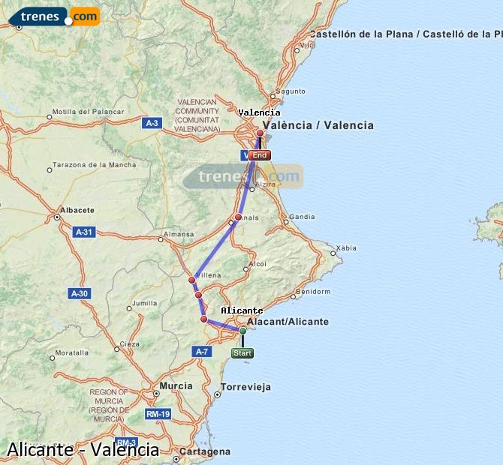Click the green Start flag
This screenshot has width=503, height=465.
pyautogui.click(x=242, y=352)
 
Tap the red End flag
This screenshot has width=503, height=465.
pyautogui.click(x=259, y=155)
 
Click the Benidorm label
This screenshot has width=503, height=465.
pyautogui.click(x=313, y=291)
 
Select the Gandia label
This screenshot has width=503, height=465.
pyautogui.click(x=302, y=217)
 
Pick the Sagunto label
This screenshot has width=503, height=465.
pyautogui.click(x=291, y=91)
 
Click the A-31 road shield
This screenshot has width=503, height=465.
pyautogui.click(x=84, y=232)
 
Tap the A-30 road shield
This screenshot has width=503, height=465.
pyautogui.click(x=78, y=292)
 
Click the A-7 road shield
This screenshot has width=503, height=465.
pyautogui.click(x=201, y=351)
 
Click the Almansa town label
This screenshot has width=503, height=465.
pyautogui.click(x=179, y=235)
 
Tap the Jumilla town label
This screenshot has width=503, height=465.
pyautogui.click(x=144, y=304)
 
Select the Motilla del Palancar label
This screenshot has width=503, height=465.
pyautogui.click(x=89, y=112)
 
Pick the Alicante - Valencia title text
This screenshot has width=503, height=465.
pyautogui.click(x=83, y=449)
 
